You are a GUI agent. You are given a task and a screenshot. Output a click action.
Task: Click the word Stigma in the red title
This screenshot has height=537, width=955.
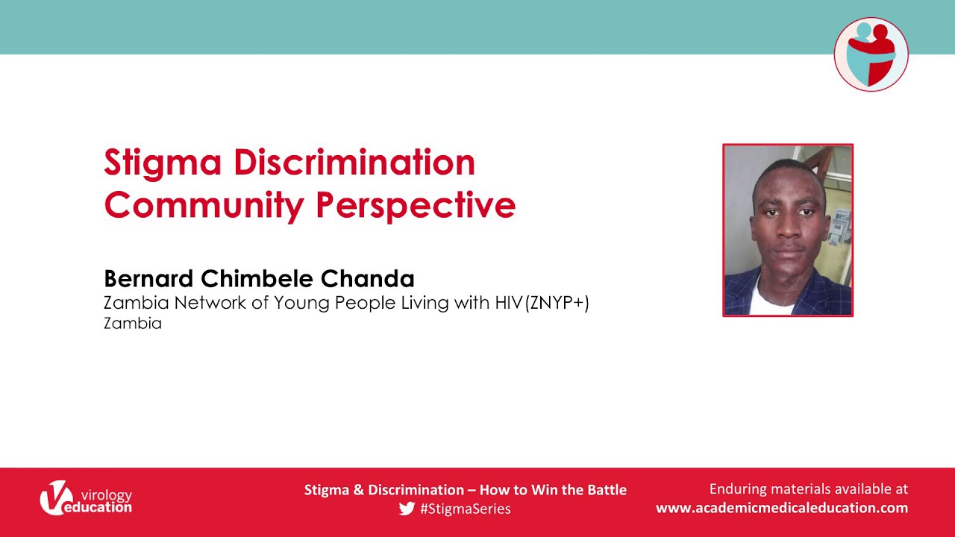[x=163, y=163]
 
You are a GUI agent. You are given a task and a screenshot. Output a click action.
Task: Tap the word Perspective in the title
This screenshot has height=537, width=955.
[x=416, y=206]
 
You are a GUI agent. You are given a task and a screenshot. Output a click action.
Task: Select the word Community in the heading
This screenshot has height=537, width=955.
[x=204, y=207]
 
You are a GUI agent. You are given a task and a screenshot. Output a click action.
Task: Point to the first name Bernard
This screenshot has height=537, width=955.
[x=148, y=279]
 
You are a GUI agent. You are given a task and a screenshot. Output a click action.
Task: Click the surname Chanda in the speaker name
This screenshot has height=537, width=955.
[x=368, y=279]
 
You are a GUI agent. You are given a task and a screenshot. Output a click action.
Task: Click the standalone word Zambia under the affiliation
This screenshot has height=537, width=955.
[x=133, y=324]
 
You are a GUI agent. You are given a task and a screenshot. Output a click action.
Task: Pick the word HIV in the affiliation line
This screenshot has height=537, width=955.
[x=509, y=303]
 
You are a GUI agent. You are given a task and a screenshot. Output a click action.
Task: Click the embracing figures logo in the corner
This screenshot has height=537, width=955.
[x=871, y=54]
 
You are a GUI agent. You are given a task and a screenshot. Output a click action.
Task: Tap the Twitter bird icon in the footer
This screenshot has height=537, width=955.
[x=407, y=509]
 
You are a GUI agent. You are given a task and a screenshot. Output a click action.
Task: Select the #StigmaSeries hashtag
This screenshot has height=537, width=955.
[x=465, y=509]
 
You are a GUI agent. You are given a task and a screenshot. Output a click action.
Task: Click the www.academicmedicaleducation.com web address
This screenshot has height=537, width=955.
[x=782, y=508]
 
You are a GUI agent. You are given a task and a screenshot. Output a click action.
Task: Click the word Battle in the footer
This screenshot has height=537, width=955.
[x=607, y=490]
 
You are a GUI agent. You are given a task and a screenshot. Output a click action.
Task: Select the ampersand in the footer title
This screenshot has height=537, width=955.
[x=359, y=490]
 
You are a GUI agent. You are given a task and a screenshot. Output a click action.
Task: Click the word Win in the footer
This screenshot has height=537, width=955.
[x=545, y=490]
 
